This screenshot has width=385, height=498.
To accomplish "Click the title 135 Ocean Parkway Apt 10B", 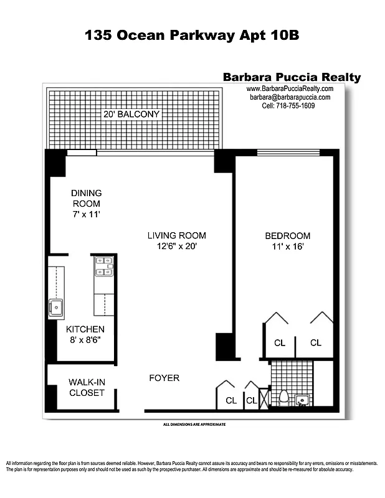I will [192, 35].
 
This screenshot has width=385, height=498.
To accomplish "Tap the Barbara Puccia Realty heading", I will [292, 77].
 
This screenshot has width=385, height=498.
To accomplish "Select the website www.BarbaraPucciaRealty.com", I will [290, 89].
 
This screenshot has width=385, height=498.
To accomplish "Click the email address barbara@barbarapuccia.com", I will [288, 97].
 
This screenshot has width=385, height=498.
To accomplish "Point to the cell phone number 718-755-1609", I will [288, 106].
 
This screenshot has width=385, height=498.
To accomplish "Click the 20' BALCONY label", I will [132, 115].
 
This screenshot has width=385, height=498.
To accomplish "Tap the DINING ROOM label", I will [86, 198].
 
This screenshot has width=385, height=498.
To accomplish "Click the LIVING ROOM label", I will [176, 235].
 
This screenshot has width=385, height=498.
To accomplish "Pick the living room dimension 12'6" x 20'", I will [176, 246].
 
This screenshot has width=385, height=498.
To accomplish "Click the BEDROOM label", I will [287, 235].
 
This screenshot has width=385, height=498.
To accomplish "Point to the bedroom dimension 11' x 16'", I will [287, 246].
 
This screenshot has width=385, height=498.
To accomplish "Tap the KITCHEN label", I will [85, 329].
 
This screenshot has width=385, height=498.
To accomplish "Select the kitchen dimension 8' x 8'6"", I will [85, 340].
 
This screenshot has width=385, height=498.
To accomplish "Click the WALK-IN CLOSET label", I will [86, 387].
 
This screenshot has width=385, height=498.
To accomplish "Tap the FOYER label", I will [164, 378].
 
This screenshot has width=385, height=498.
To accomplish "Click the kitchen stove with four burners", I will [103, 266].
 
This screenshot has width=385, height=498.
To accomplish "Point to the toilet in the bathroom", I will [283, 397].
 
